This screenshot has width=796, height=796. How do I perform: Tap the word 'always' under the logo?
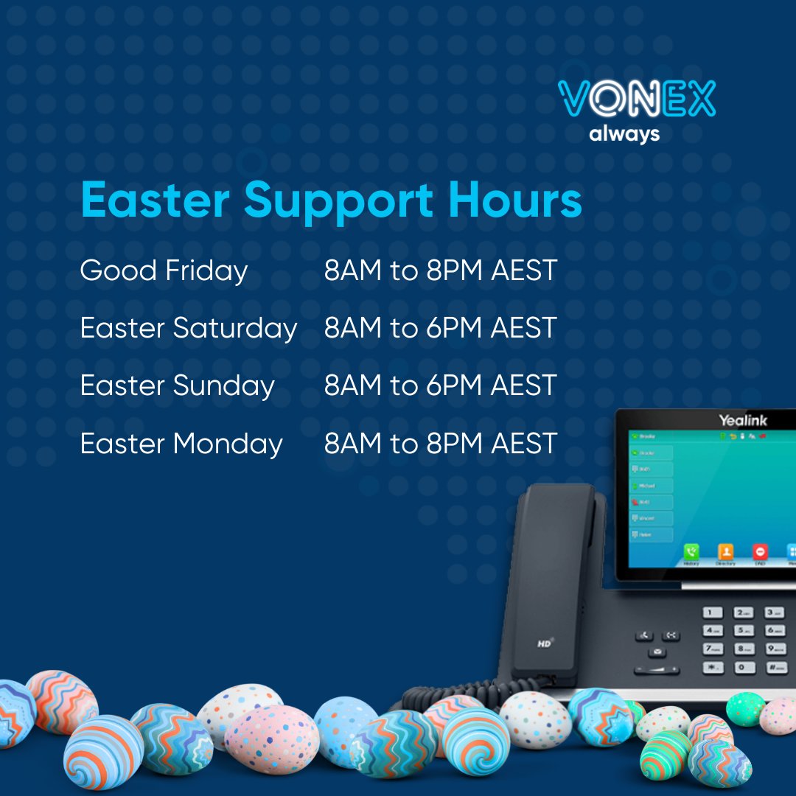[624, 134]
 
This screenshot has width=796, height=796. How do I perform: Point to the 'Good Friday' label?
[164, 270]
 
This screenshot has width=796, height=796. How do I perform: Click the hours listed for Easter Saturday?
[440, 328]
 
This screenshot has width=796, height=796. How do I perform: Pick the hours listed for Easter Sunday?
[440, 385]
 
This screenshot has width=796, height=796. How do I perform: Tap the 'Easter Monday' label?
[181, 444]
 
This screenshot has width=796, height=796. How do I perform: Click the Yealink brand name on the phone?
[743, 420]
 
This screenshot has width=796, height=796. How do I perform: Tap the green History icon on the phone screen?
[691, 551]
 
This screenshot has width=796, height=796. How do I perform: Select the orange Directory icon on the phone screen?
[726, 551]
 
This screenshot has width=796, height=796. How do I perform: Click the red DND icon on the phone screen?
[760, 551]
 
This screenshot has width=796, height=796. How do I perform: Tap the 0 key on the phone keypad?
[744, 667]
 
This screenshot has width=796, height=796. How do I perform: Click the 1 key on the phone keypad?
[712, 613]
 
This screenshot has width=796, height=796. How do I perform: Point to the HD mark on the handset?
[545, 643]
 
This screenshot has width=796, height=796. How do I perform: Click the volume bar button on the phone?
[657, 671]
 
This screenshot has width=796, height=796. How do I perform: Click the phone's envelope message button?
[657, 652]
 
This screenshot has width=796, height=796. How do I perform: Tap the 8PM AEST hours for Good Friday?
[440, 270]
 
